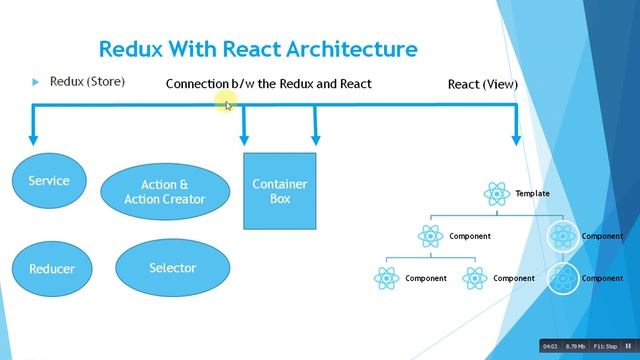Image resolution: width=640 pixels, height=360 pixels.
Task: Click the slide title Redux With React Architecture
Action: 258,48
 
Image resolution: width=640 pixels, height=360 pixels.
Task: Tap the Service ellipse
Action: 48,181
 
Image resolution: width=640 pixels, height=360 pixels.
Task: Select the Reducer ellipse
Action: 51,269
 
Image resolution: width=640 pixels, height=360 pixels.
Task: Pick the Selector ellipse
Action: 172,268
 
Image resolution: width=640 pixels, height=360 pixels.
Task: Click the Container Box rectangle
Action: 279,191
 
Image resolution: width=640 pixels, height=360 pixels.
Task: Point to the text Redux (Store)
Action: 87,81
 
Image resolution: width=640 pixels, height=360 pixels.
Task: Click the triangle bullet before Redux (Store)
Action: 35,81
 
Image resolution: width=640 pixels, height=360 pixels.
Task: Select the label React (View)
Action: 482,84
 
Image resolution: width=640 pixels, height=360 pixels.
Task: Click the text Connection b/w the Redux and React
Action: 268,84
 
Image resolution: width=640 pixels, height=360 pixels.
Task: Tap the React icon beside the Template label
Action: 496,193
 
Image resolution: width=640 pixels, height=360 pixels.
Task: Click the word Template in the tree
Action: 532,193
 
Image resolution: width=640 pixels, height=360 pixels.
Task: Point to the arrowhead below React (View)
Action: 517,140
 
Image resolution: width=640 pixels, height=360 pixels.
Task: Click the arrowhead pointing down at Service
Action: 34,140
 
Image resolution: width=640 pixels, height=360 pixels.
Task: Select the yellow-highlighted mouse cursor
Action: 227,103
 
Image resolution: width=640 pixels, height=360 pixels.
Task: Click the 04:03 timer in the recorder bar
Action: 550,346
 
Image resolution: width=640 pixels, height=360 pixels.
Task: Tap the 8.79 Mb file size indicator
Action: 577,346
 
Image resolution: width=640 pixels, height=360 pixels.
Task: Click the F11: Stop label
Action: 607,346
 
